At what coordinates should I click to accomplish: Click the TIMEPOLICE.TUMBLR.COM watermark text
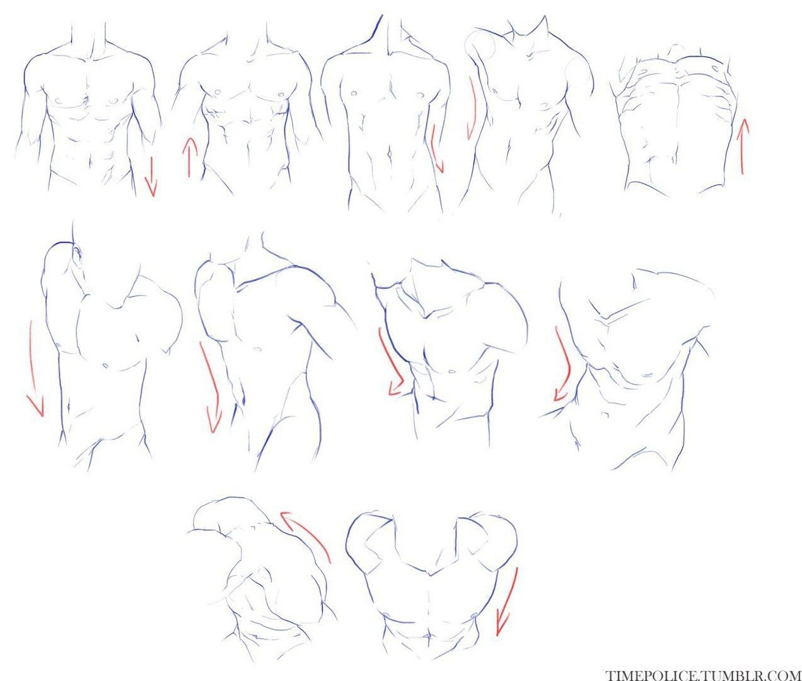[x=703, y=674]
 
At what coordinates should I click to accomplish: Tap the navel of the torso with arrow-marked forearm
[x=390, y=155]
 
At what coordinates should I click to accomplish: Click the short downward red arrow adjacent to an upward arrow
[x=151, y=177]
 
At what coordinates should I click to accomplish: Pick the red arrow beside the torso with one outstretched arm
[x=211, y=386]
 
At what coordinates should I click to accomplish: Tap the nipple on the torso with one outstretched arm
[x=257, y=349]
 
